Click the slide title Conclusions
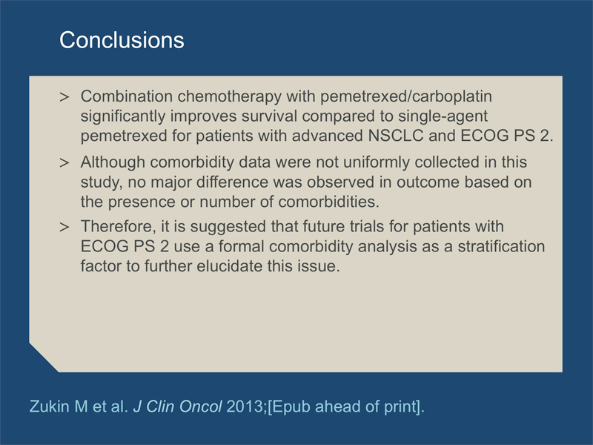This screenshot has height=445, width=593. click(122, 40)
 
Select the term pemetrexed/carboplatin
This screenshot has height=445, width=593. click(406, 97)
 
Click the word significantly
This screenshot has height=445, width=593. click(123, 116)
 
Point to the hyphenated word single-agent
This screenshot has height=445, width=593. click(443, 116)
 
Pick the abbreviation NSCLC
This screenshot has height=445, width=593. click(396, 136)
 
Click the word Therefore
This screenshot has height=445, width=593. click(118, 227)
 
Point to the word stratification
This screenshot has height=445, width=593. click(502, 246)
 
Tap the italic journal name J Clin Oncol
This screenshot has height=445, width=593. click(178, 406)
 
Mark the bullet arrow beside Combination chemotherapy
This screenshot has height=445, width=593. click(64, 97)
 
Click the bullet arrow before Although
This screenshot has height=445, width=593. click(64, 163)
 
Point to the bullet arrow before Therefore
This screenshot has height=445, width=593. click(64, 228)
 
